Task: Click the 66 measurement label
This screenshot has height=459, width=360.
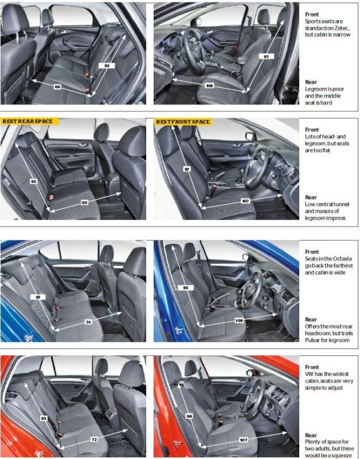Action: (58, 87)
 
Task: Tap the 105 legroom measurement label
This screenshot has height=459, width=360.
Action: (209, 85)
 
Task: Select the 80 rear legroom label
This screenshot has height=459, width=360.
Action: (84, 203)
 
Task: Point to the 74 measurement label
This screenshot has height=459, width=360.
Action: (88, 322)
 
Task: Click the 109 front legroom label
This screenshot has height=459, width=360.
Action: (239, 321)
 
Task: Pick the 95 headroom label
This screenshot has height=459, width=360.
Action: (185, 288)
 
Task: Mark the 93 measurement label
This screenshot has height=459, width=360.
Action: (44, 418)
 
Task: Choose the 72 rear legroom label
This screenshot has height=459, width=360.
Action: (94, 439)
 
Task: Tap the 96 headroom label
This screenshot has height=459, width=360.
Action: (190, 416)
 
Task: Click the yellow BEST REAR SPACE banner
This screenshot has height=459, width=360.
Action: (30, 121)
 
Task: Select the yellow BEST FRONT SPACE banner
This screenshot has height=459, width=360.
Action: (183, 122)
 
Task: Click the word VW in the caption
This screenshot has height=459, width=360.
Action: (309, 374)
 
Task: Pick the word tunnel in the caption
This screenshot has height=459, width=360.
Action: (341, 204)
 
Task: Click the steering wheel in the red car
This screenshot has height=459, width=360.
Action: (254, 396)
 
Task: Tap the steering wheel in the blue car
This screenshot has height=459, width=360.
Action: (251, 290)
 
